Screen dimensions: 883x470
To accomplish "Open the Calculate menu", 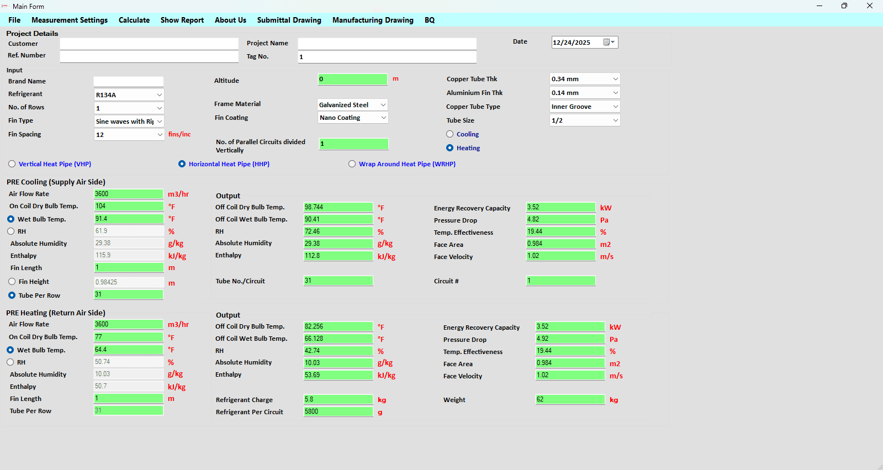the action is click(x=134, y=20).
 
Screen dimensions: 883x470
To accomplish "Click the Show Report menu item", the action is click(x=182, y=20).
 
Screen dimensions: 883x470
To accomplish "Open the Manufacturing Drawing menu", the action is click(x=373, y=20).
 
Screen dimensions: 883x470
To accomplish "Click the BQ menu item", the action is click(x=430, y=20).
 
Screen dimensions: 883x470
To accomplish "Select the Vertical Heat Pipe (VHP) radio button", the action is click(x=12, y=164).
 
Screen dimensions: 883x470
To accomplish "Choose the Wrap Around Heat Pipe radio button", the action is click(x=352, y=164).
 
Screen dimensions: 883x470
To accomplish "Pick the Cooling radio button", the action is click(x=450, y=134).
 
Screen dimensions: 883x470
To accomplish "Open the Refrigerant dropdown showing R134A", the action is click(x=129, y=94).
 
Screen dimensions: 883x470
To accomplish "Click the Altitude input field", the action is click(x=352, y=79).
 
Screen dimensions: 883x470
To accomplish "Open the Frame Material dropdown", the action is click(x=352, y=104).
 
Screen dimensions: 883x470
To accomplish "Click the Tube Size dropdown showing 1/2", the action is click(x=585, y=120).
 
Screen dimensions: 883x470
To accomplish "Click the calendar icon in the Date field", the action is click(x=607, y=42).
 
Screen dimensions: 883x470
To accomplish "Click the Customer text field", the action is click(x=149, y=44).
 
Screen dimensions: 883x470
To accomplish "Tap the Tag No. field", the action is click(x=387, y=57).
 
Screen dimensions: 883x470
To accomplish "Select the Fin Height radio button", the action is click(x=12, y=282).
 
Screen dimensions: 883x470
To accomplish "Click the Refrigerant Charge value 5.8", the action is click(x=338, y=399).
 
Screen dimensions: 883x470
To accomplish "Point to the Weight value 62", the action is click(x=570, y=399).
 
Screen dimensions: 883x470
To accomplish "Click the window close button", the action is click(x=870, y=6).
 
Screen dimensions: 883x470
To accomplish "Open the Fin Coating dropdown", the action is click(x=353, y=118).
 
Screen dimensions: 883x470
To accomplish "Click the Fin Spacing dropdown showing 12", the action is click(x=129, y=134).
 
